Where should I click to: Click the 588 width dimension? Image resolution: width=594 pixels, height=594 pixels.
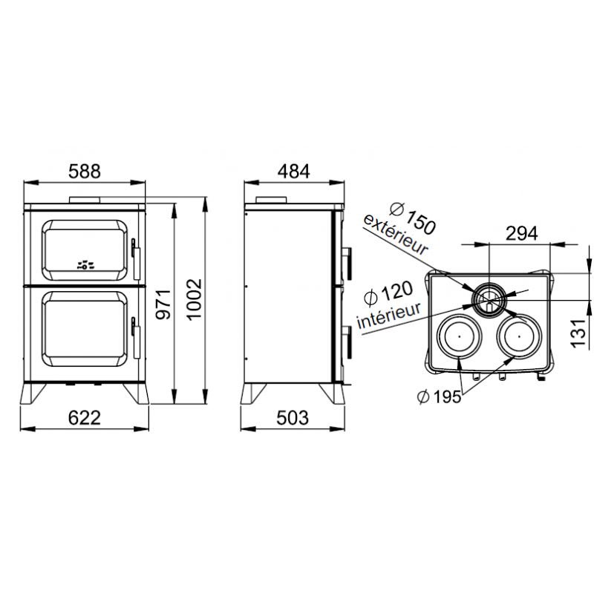[x=85, y=172]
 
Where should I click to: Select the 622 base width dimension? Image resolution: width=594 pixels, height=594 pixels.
[x=85, y=418]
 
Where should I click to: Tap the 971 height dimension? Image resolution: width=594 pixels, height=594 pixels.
[x=164, y=304]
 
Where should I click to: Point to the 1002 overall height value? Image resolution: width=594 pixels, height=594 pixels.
[x=195, y=300]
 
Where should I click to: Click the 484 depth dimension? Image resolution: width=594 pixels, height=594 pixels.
[x=293, y=172]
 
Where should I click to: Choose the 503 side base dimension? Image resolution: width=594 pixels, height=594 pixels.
[x=293, y=418]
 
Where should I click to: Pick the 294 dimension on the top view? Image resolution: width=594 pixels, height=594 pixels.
[x=522, y=233]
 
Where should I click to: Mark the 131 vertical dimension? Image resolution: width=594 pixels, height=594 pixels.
[x=578, y=333]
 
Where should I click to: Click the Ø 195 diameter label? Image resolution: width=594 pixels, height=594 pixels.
[x=439, y=397]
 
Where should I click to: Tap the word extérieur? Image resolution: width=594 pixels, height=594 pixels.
[x=396, y=235]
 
